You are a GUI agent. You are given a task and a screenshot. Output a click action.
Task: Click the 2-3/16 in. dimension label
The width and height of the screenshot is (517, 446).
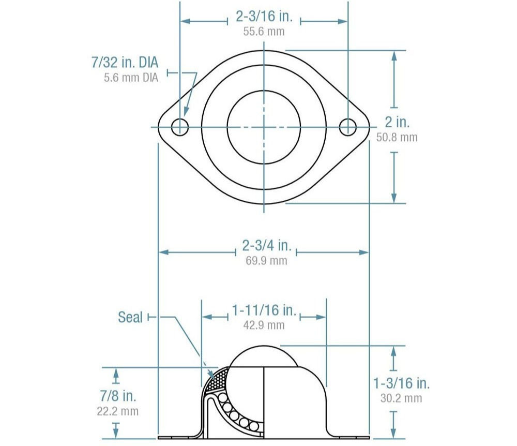coord(264,17)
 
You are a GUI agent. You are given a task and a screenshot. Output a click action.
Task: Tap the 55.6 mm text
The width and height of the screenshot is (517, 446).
coord(264,31)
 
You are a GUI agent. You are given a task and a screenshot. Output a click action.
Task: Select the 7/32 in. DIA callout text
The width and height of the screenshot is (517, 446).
coord(124,63)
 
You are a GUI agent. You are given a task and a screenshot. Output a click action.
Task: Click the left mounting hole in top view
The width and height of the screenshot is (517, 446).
coord(180,126)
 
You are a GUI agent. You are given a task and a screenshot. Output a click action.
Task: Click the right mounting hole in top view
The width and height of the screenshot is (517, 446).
coord(348,126)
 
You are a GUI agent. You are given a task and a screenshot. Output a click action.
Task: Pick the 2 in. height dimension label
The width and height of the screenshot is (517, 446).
coord(397,123)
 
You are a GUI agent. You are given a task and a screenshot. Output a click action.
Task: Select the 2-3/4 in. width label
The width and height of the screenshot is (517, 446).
coord(264,246)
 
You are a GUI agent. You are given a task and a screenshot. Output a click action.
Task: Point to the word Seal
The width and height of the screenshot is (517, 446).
coord(130,317)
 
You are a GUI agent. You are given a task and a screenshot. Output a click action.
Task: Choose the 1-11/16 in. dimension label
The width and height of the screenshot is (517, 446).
coord(264,310)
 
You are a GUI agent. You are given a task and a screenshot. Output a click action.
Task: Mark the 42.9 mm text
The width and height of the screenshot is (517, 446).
coord(264,325)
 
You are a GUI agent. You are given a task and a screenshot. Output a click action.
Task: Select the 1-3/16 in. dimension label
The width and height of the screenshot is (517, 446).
coord(402,383)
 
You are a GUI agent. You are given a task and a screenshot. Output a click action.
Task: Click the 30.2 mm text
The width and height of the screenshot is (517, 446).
coord(402,398)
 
